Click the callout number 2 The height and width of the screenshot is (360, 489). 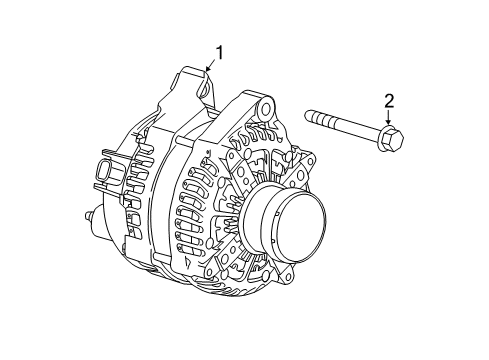point(389,100)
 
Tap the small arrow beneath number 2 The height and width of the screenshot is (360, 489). point(389,118)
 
